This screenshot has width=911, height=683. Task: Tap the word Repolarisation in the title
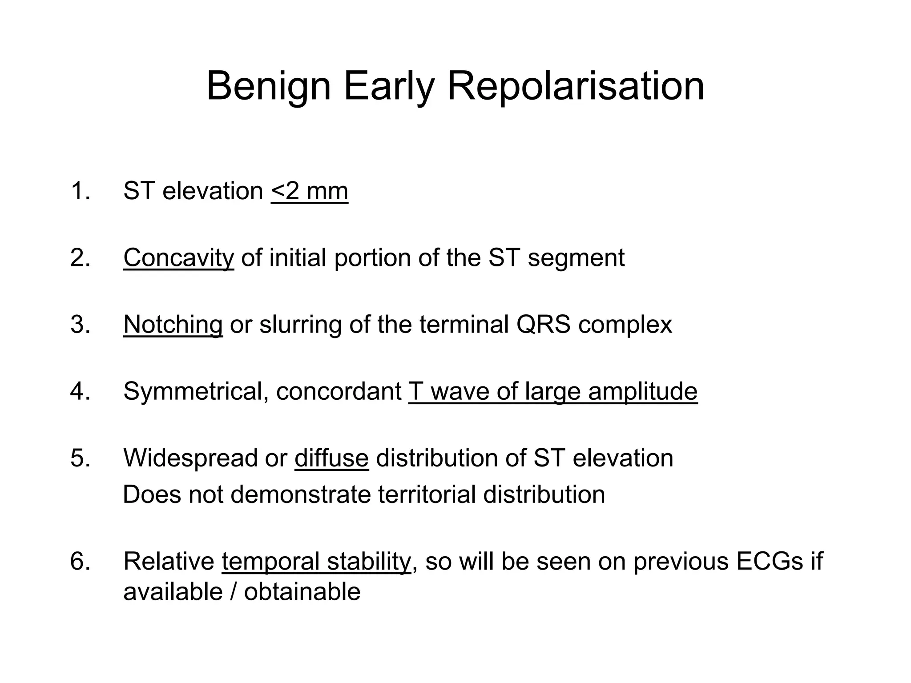(575, 87)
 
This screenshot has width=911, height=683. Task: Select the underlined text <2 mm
(310, 192)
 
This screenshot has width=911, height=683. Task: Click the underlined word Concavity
(178, 258)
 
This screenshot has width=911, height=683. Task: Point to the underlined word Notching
(173, 325)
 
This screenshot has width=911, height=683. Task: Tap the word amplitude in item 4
(642, 392)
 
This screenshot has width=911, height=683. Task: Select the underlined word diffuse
(331, 458)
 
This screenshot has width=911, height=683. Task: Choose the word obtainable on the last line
(302, 592)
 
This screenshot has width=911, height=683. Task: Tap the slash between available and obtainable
(234, 592)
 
